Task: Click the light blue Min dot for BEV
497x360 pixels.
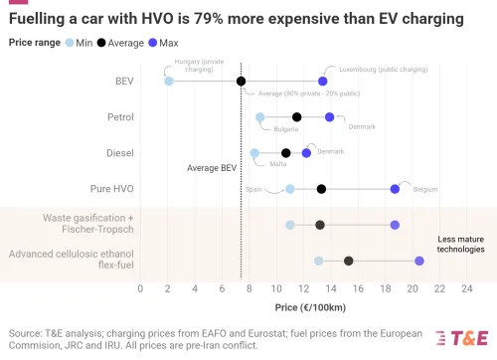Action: (x=168, y=81)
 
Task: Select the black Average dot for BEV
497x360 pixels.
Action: (x=241, y=81)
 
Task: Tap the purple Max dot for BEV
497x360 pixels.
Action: (x=322, y=81)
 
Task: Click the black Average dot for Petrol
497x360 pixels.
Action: (x=296, y=117)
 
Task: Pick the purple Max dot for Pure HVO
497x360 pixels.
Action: (x=395, y=189)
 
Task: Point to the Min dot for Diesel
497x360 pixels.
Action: (x=254, y=153)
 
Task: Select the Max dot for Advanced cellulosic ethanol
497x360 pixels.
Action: (x=418, y=261)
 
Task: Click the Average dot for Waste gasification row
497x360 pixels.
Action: (x=320, y=225)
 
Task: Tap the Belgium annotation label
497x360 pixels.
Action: (x=424, y=188)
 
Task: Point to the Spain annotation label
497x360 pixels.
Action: (x=254, y=188)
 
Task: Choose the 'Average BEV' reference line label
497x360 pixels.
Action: (x=212, y=168)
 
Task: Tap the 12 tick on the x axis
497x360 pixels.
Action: (x=302, y=288)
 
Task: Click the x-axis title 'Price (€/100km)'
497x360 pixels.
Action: (x=302, y=307)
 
